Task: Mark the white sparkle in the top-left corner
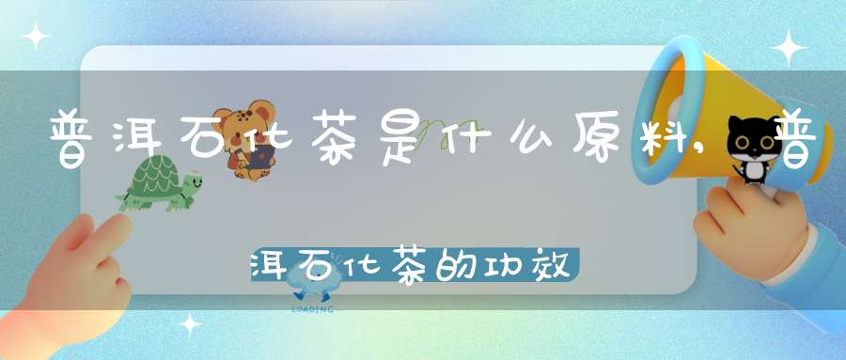36,35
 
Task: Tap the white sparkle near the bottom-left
191,325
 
